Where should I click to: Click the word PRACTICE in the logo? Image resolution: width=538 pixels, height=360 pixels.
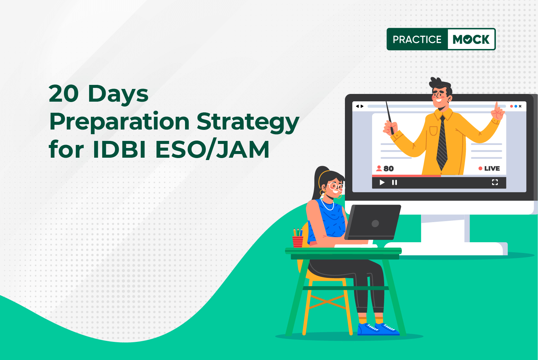pyautogui.click(x=417, y=40)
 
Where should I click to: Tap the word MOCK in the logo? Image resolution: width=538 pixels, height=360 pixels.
pyautogui.click(x=471, y=40)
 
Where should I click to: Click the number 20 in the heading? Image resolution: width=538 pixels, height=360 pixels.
pyautogui.click(x=64, y=94)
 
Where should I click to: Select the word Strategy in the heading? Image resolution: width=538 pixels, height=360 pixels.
pyautogui.click(x=248, y=122)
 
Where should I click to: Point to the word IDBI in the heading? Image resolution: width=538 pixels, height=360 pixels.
pyautogui.click(x=119, y=150)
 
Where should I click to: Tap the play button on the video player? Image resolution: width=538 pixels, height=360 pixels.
pyautogui.click(x=382, y=183)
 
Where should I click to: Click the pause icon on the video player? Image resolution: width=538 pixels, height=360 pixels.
pyautogui.click(x=395, y=183)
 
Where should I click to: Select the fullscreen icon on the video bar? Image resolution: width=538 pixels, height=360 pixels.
pyautogui.click(x=495, y=182)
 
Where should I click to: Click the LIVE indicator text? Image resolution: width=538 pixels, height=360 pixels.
pyautogui.click(x=492, y=168)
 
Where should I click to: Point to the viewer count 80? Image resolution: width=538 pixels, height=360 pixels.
pyautogui.click(x=388, y=168)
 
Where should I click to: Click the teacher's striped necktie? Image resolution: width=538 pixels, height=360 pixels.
pyautogui.click(x=442, y=144)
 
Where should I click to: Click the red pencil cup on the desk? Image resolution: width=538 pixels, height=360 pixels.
pyautogui.click(x=298, y=241)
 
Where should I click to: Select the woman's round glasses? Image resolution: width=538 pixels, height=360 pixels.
pyautogui.click(x=335, y=186)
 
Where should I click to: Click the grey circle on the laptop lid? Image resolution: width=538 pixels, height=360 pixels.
pyautogui.click(x=375, y=223)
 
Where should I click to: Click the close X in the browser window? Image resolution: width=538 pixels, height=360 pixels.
pyautogui.click(x=520, y=106)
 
